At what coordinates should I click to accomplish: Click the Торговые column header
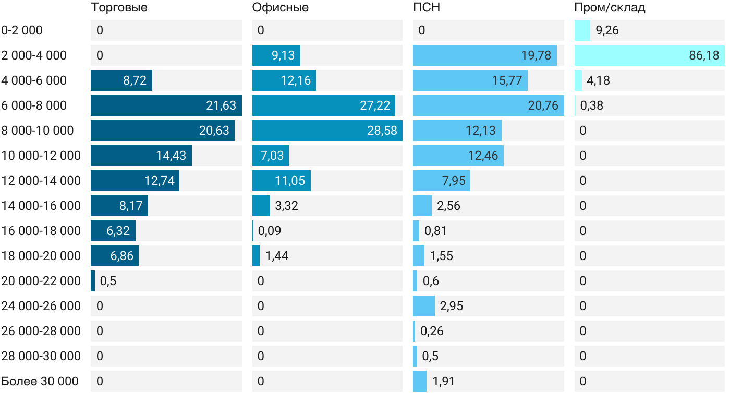(x=119, y=7)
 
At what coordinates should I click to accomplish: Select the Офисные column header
(x=280, y=7)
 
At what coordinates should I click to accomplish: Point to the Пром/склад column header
(x=610, y=7)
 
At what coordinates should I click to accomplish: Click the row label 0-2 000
(x=22, y=30)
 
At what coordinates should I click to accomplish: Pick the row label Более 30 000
(x=40, y=381)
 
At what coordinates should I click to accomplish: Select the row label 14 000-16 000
(x=41, y=206)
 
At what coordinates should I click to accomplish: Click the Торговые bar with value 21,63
(x=166, y=105)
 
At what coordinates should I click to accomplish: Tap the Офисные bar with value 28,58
(x=327, y=131)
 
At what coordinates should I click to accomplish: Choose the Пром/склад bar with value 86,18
(x=649, y=55)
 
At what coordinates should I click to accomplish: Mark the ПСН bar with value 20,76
(x=488, y=105)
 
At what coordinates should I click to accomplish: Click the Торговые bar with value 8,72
(x=121, y=80)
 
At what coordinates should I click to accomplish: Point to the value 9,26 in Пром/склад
(x=607, y=30)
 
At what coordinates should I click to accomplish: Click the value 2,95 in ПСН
(x=452, y=306)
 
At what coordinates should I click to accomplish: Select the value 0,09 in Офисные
(x=270, y=231)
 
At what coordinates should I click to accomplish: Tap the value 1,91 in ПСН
(x=444, y=381)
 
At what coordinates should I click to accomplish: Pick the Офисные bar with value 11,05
(x=282, y=181)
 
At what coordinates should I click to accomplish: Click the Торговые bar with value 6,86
(x=115, y=256)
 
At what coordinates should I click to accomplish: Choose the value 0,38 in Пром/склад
(x=592, y=105)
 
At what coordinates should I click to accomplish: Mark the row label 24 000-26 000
(x=41, y=306)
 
